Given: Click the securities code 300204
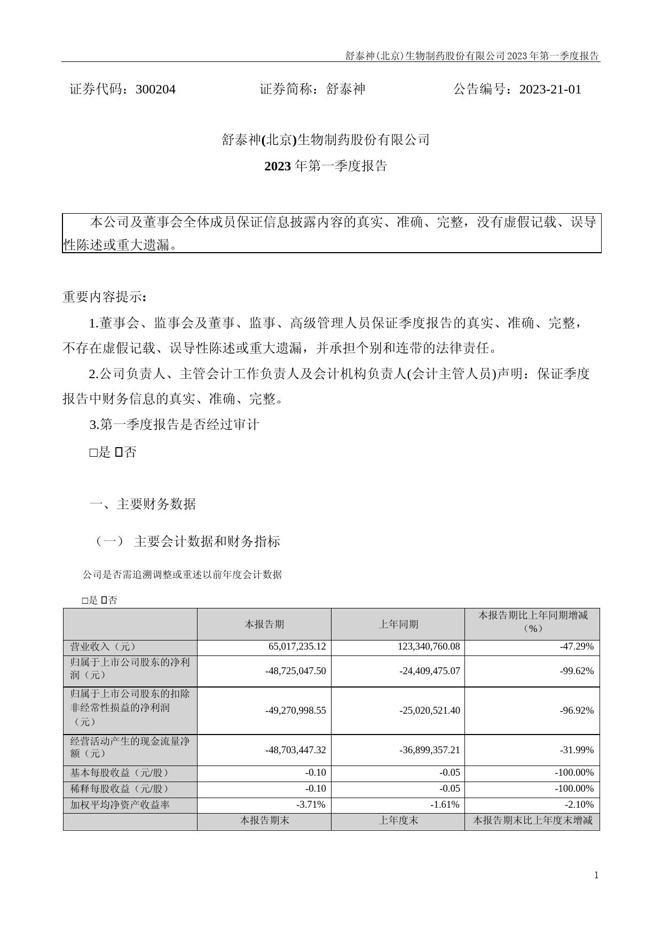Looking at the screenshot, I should (155, 89).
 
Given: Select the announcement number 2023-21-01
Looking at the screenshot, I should (550, 89).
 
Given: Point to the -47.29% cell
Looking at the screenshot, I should (577, 646).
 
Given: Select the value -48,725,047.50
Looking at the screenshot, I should (295, 671).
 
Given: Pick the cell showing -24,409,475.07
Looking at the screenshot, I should (429, 671).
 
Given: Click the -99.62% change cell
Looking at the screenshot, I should (577, 671).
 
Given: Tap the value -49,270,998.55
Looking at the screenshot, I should (295, 710).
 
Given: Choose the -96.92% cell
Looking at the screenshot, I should (577, 710).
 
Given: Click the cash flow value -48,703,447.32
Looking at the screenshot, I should (295, 750).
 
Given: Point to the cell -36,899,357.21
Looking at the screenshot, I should (429, 750).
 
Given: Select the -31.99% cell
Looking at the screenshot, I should (577, 750).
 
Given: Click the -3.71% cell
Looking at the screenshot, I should (311, 805).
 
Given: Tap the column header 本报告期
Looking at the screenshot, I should (264, 624).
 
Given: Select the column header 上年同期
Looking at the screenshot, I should (398, 624).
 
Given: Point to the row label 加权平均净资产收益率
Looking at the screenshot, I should (120, 805).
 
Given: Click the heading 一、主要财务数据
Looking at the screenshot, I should (143, 504).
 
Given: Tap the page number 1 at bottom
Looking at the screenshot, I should (596, 875).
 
